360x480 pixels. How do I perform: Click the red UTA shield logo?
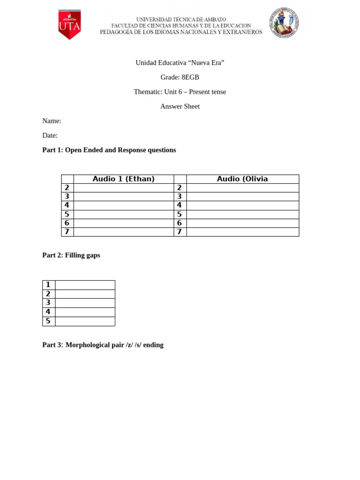point(69,25)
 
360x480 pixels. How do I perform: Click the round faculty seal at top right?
point(284,23)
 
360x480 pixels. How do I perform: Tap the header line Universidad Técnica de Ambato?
point(181,19)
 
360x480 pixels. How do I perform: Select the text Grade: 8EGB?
point(180,77)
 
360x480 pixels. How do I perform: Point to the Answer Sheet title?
point(180,106)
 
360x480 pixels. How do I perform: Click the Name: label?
point(52,121)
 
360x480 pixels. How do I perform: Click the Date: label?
point(50,135)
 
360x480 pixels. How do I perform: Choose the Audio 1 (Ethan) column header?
point(124,179)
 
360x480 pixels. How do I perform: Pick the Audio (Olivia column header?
point(242,179)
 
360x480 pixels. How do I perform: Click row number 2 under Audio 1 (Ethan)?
point(67,187)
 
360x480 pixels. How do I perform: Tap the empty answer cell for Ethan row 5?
point(124,214)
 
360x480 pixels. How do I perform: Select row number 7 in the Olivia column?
point(180,232)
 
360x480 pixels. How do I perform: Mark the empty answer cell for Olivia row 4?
point(242,205)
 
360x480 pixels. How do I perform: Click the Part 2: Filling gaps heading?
point(71,255)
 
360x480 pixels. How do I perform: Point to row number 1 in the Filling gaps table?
point(48,285)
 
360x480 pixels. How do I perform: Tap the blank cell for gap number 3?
point(85,303)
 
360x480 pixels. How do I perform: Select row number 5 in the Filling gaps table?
point(48,321)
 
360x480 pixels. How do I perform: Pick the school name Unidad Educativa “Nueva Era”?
point(180,63)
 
